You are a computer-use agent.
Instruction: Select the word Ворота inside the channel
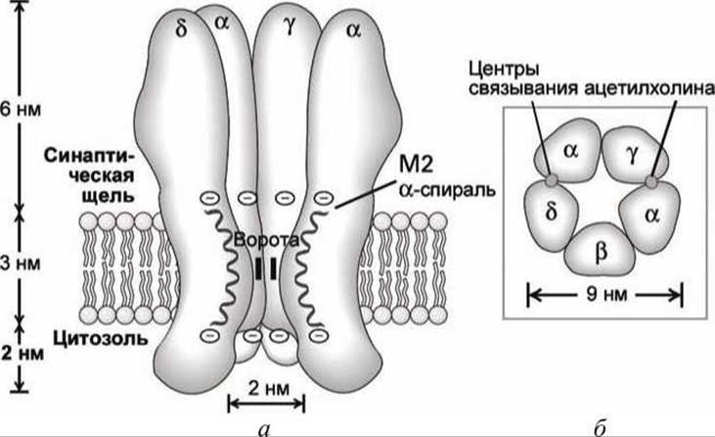259,239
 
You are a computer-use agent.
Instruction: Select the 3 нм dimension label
20,265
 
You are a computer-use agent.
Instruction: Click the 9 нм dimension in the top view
605,293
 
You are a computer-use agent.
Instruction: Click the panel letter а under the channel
259,427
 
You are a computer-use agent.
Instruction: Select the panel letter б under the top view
600,426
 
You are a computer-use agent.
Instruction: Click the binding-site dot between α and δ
552,181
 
